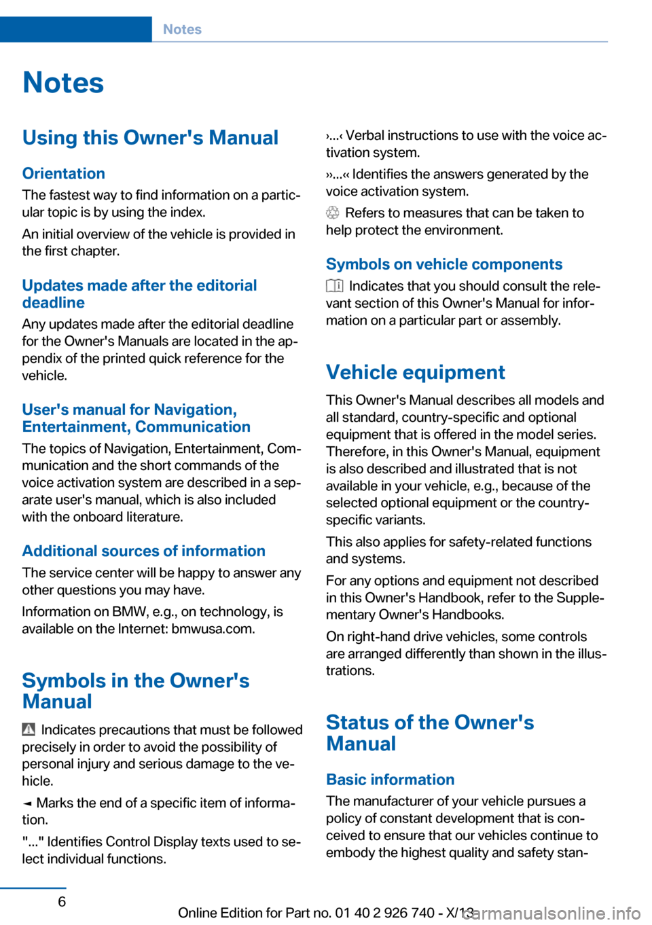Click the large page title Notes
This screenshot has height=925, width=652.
(x=63, y=83)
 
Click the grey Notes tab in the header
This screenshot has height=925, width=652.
(x=182, y=29)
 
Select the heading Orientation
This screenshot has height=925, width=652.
(x=64, y=173)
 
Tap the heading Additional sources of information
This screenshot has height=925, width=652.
(x=143, y=551)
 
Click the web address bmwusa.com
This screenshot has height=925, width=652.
(x=213, y=629)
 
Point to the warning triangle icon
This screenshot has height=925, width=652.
(x=29, y=730)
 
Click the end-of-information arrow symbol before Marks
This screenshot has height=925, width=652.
(x=27, y=803)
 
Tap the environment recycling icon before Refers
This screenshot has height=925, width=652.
(x=332, y=213)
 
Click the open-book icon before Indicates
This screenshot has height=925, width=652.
(x=334, y=286)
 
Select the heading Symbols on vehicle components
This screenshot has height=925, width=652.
(x=444, y=264)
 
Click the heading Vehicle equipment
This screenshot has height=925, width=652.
(x=415, y=372)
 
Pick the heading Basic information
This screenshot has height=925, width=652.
(x=390, y=780)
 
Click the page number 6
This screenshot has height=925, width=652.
(x=62, y=901)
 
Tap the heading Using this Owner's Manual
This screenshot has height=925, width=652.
(x=150, y=138)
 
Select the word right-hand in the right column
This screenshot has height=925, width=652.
(x=383, y=637)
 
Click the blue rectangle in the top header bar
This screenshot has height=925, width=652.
(x=75, y=29)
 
